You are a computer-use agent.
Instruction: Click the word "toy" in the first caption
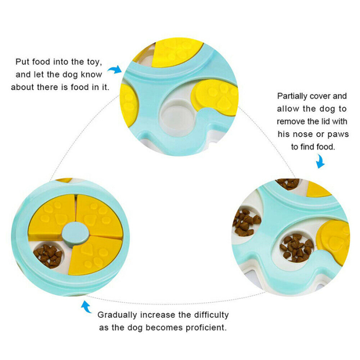(x=93, y=62)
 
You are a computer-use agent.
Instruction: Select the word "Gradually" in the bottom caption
(x=117, y=315)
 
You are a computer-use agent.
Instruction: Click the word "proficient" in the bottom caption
(x=206, y=328)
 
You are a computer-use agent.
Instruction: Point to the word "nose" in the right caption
(x=302, y=134)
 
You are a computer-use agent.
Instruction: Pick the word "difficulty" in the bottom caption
(x=211, y=315)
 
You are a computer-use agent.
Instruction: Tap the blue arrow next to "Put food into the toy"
(x=115, y=69)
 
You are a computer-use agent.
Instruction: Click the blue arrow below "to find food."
(x=320, y=161)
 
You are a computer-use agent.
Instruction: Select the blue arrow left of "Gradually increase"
(x=86, y=307)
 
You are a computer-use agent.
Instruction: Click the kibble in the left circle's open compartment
(x=48, y=255)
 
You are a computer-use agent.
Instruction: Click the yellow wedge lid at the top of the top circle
(x=176, y=53)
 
